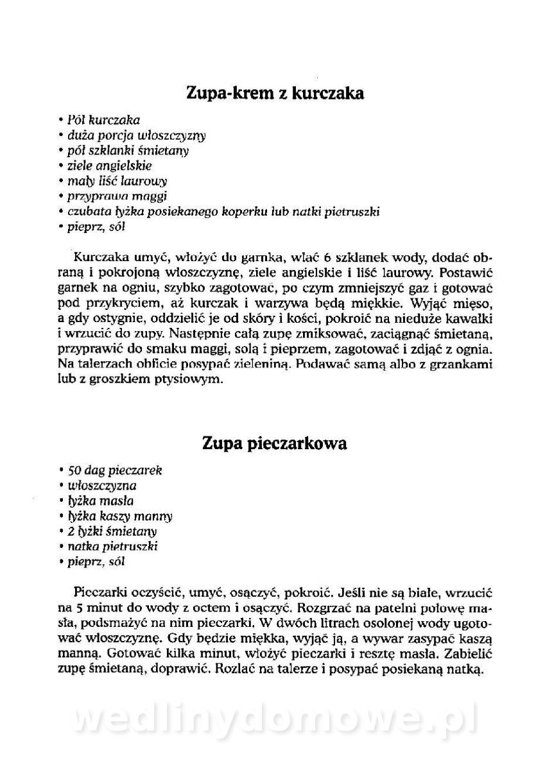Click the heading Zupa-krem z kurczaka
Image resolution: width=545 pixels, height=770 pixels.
click(x=275, y=94)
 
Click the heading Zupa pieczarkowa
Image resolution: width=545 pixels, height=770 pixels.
click(x=274, y=443)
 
